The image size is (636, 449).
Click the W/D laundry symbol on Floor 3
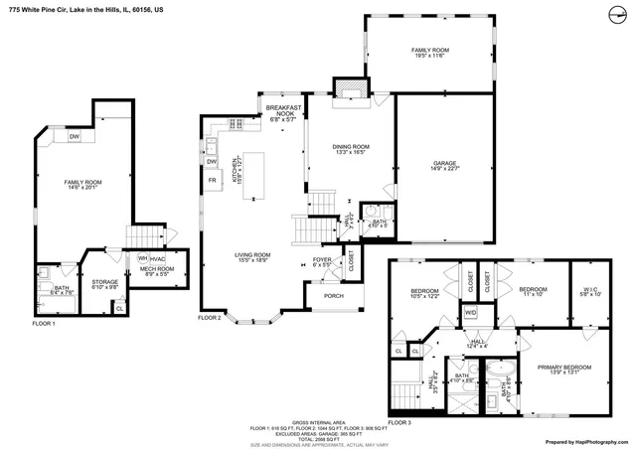(x=470, y=313)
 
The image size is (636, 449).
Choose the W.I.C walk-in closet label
(x=590, y=290)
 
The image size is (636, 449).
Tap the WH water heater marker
(x=143, y=258)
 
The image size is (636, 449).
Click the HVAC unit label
(x=157, y=258)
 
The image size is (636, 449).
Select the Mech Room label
(x=156, y=270)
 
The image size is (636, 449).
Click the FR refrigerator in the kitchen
(x=212, y=180)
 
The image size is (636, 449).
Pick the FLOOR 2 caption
(x=209, y=317)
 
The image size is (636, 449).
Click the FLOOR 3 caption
(x=398, y=422)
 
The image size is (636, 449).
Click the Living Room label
(x=253, y=256)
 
